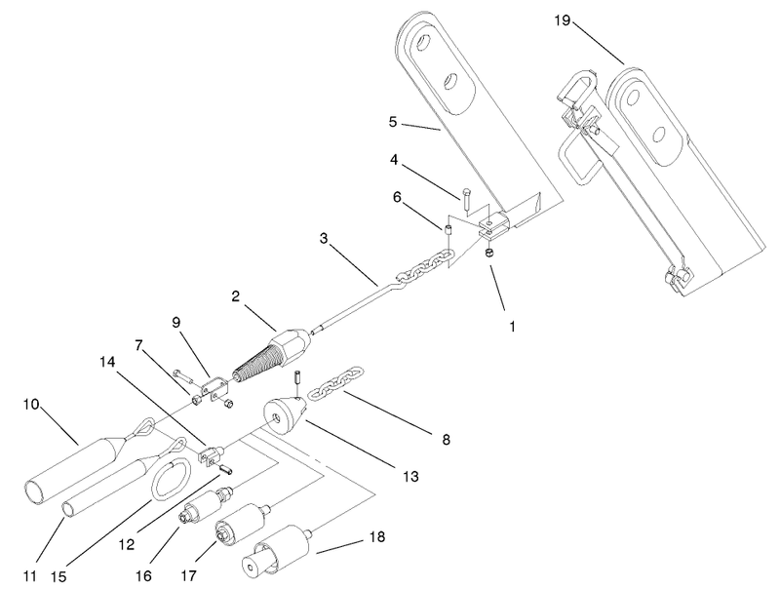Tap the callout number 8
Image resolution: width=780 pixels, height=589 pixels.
(446, 441)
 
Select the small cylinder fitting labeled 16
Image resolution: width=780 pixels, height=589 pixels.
(203, 508)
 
